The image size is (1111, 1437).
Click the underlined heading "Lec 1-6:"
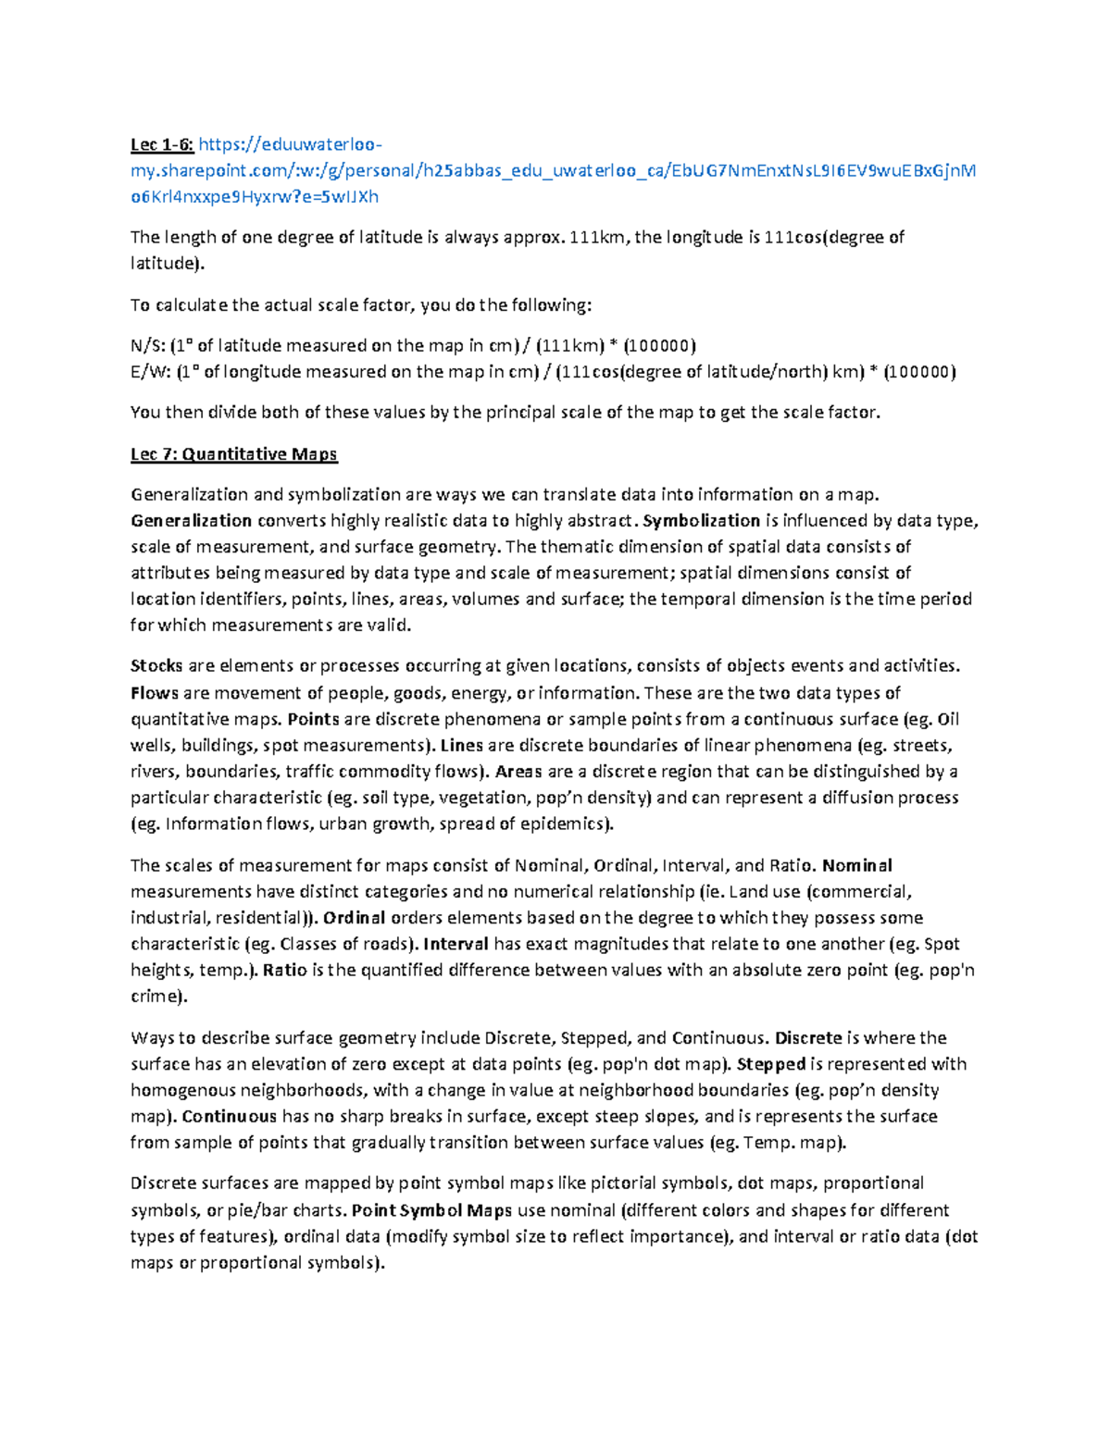point(162,144)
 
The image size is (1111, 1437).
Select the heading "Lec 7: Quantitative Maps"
point(233,453)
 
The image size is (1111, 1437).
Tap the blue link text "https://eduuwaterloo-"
point(290,144)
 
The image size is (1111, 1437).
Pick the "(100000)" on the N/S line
point(659,346)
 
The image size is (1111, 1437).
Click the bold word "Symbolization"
point(701,520)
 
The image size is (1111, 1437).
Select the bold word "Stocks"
point(156,665)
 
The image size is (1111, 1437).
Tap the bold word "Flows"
point(155,693)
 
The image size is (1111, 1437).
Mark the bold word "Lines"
point(461,745)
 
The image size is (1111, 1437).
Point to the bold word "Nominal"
point(857,866)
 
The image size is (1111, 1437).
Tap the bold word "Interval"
point(456,944)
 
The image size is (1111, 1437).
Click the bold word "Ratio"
point(283,970)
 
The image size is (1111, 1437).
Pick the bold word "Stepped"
point(770,1064)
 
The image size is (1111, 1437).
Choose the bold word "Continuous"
point(230,1116)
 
